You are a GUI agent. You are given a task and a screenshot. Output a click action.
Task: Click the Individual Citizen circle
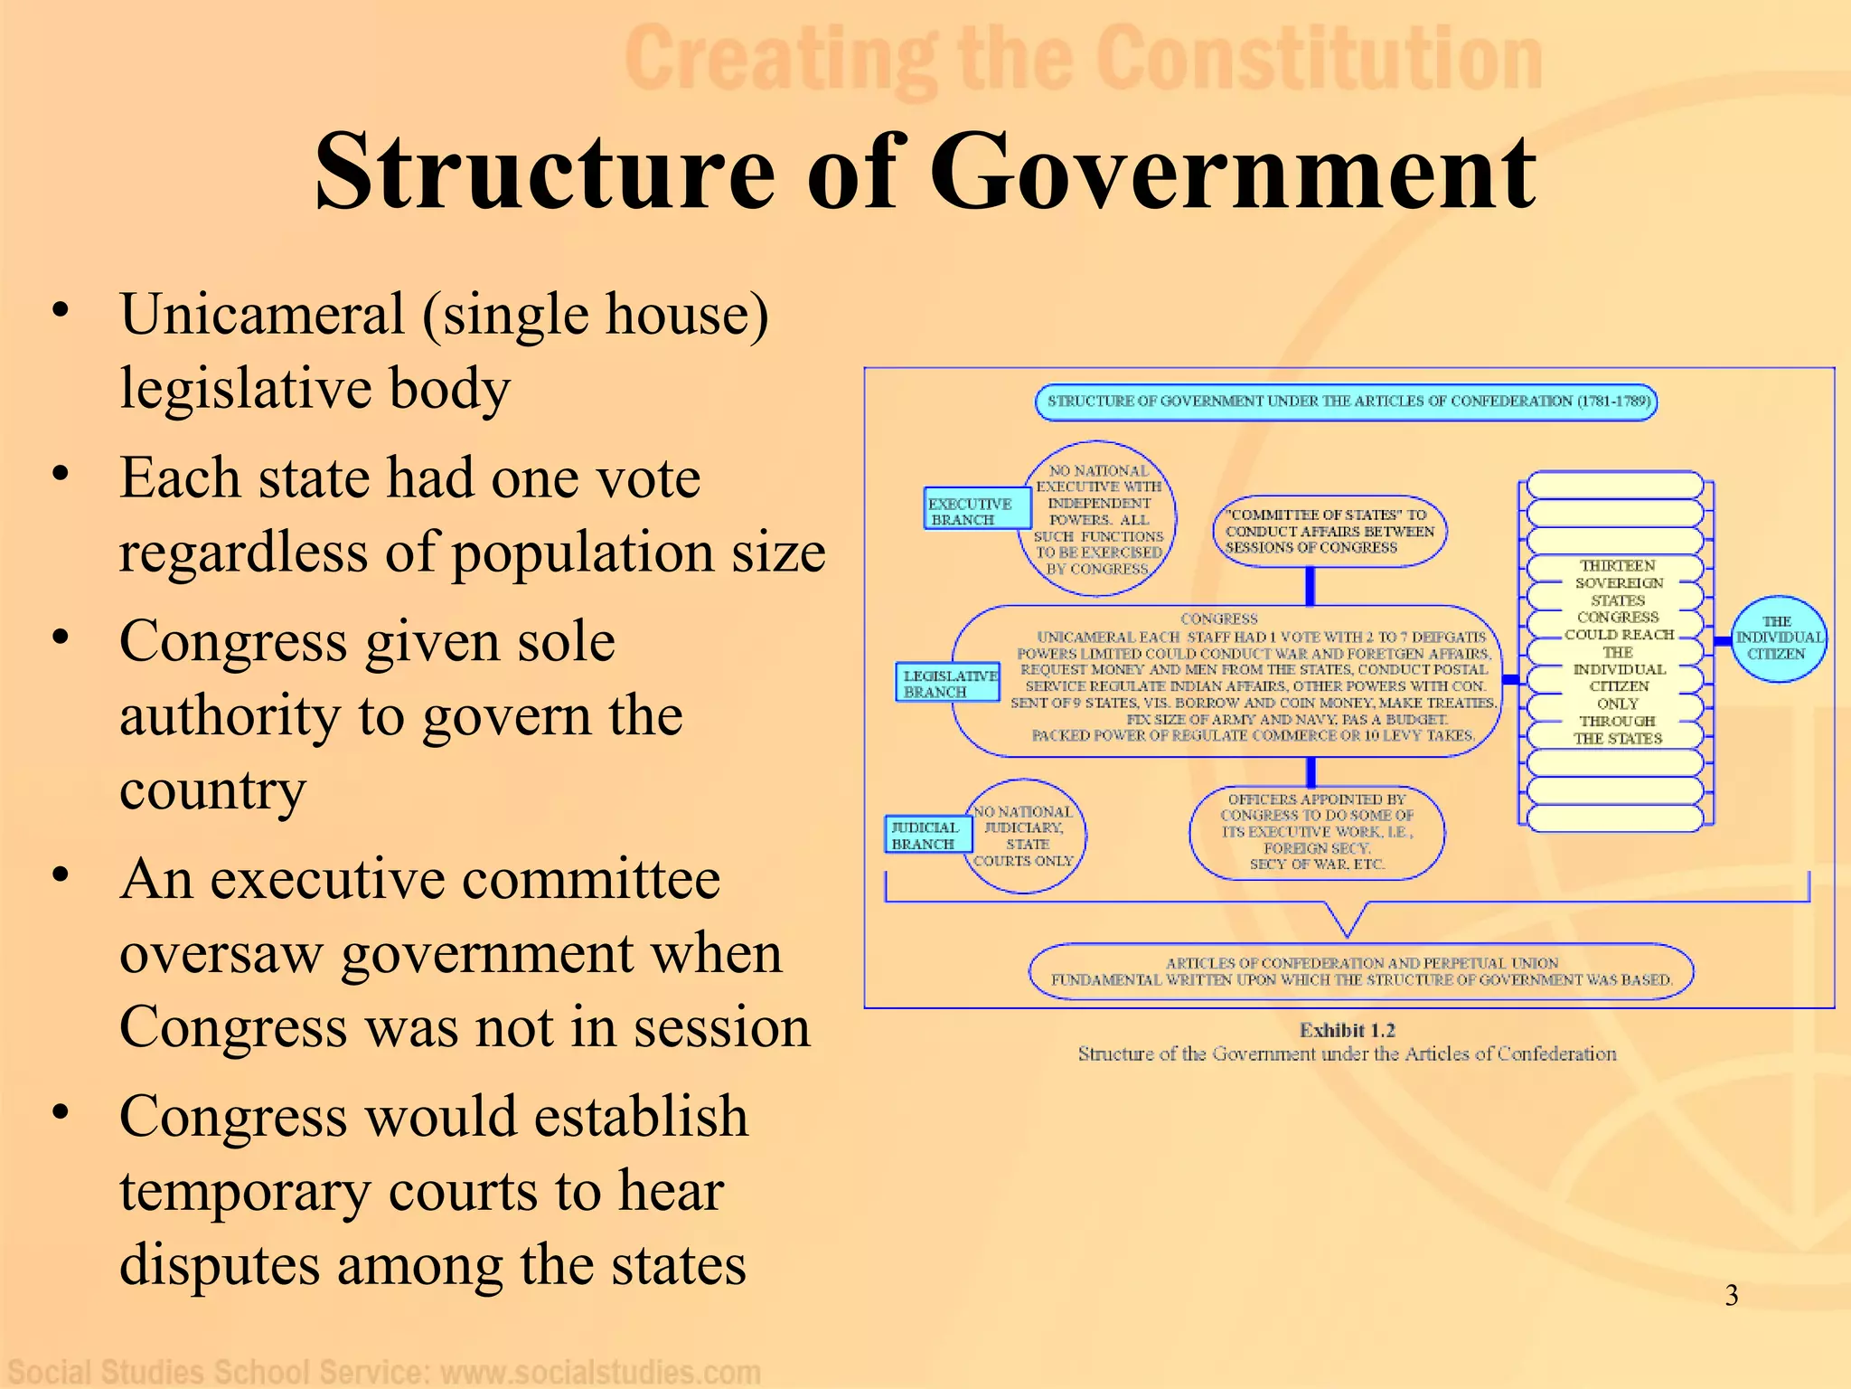1778,638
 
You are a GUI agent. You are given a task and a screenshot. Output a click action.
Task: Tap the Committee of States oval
1329,531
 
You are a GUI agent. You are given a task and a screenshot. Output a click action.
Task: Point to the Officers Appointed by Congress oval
1316,833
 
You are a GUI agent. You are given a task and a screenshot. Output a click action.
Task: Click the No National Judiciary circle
1024,836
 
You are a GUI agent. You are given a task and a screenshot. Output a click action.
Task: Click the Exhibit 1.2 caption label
1347,1030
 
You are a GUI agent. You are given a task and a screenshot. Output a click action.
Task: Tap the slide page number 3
1731,1296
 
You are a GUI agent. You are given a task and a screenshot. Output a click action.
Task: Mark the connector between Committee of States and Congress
1310,586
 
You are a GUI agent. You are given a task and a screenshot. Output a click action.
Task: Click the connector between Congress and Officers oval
1311,771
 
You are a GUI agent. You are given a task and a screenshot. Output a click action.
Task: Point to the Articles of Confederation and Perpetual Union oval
1360,971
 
